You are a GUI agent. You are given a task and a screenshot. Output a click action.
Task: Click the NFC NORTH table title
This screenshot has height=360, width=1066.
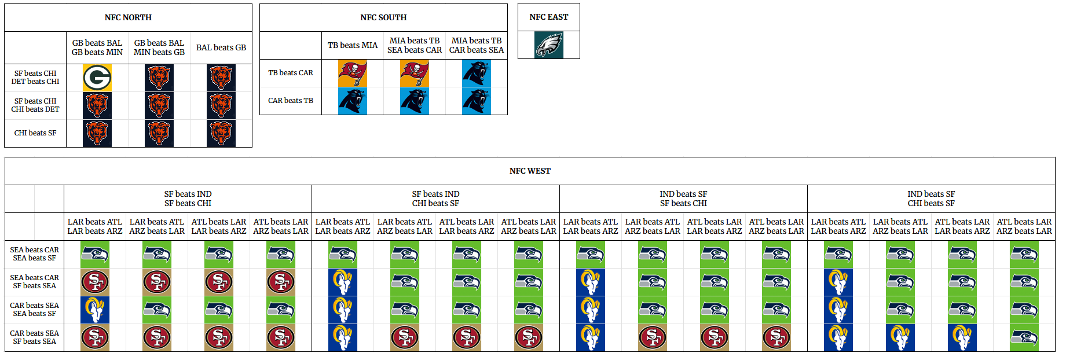128,18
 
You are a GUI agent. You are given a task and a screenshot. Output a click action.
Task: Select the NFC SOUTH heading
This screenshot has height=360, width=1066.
383,18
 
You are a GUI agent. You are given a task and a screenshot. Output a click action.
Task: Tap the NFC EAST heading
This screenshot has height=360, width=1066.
548,17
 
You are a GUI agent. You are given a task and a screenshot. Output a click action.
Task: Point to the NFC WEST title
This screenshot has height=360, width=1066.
530,171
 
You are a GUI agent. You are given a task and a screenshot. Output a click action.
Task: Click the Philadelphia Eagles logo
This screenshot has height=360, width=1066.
549,45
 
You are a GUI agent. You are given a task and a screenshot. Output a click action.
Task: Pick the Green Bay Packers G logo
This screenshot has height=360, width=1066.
97,78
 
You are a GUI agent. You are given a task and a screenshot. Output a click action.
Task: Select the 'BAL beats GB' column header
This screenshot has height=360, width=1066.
221,48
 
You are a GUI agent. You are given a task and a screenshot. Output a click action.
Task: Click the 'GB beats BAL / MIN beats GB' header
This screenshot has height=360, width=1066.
159,48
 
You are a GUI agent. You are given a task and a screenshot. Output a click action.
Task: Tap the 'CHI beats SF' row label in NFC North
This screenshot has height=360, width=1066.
35,133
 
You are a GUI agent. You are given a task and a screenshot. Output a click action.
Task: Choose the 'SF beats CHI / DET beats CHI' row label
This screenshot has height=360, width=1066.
35,78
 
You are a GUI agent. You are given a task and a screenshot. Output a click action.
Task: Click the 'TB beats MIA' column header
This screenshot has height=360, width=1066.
352,46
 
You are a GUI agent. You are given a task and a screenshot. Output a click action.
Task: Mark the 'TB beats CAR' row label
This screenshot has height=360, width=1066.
291,73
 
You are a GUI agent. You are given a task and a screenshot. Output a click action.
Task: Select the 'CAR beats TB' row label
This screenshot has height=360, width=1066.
291,101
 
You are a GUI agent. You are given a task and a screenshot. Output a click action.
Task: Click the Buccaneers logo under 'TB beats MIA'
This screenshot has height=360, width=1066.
353,74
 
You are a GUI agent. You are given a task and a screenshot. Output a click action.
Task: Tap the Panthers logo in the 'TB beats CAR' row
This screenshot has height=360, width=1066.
477,74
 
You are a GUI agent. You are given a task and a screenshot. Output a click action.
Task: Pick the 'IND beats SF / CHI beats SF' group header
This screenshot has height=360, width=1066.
931,199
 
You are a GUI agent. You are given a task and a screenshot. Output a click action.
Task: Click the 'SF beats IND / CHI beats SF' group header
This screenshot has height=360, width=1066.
435,199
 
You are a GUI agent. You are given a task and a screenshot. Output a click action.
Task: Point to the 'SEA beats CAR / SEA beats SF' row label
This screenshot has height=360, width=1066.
35,254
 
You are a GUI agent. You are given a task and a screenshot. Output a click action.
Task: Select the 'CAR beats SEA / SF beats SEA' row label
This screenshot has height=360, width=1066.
35,337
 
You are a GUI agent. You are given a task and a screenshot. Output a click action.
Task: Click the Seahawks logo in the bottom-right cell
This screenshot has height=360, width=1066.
1024,338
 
